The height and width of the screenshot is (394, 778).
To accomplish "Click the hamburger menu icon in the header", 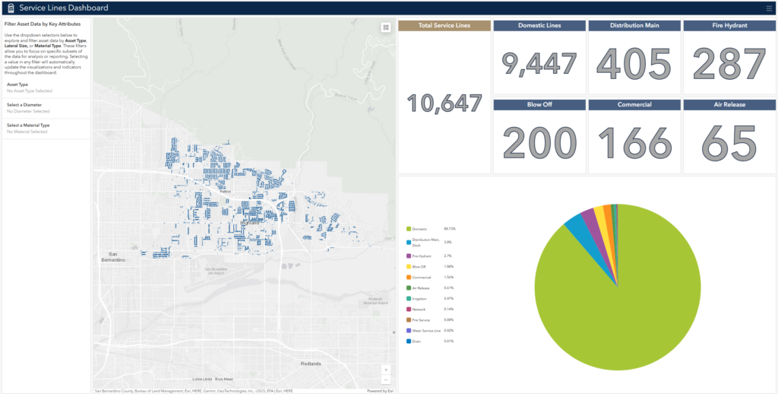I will click(x=769, y=8).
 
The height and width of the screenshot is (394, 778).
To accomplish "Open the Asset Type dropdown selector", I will click(x=46, y=87).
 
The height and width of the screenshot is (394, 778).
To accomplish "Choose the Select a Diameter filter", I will click(x=46, y=108).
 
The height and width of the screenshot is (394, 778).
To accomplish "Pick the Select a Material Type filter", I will click(x=46, y=128).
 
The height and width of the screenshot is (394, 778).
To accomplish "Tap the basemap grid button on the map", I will click(x=385, y=27).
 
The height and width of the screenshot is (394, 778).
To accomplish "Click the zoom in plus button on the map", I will click(x=385, y=370).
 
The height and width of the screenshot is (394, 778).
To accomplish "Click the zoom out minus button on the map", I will click(x=385, y=379).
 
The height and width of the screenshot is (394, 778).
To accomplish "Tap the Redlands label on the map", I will click(x=311, y=364).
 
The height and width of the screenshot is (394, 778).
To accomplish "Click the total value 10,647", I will click(x=445, y=103).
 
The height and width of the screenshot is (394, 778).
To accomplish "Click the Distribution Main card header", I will click(x=634, y=26).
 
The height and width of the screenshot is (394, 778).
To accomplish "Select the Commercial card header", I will click(x=634, y=105).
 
